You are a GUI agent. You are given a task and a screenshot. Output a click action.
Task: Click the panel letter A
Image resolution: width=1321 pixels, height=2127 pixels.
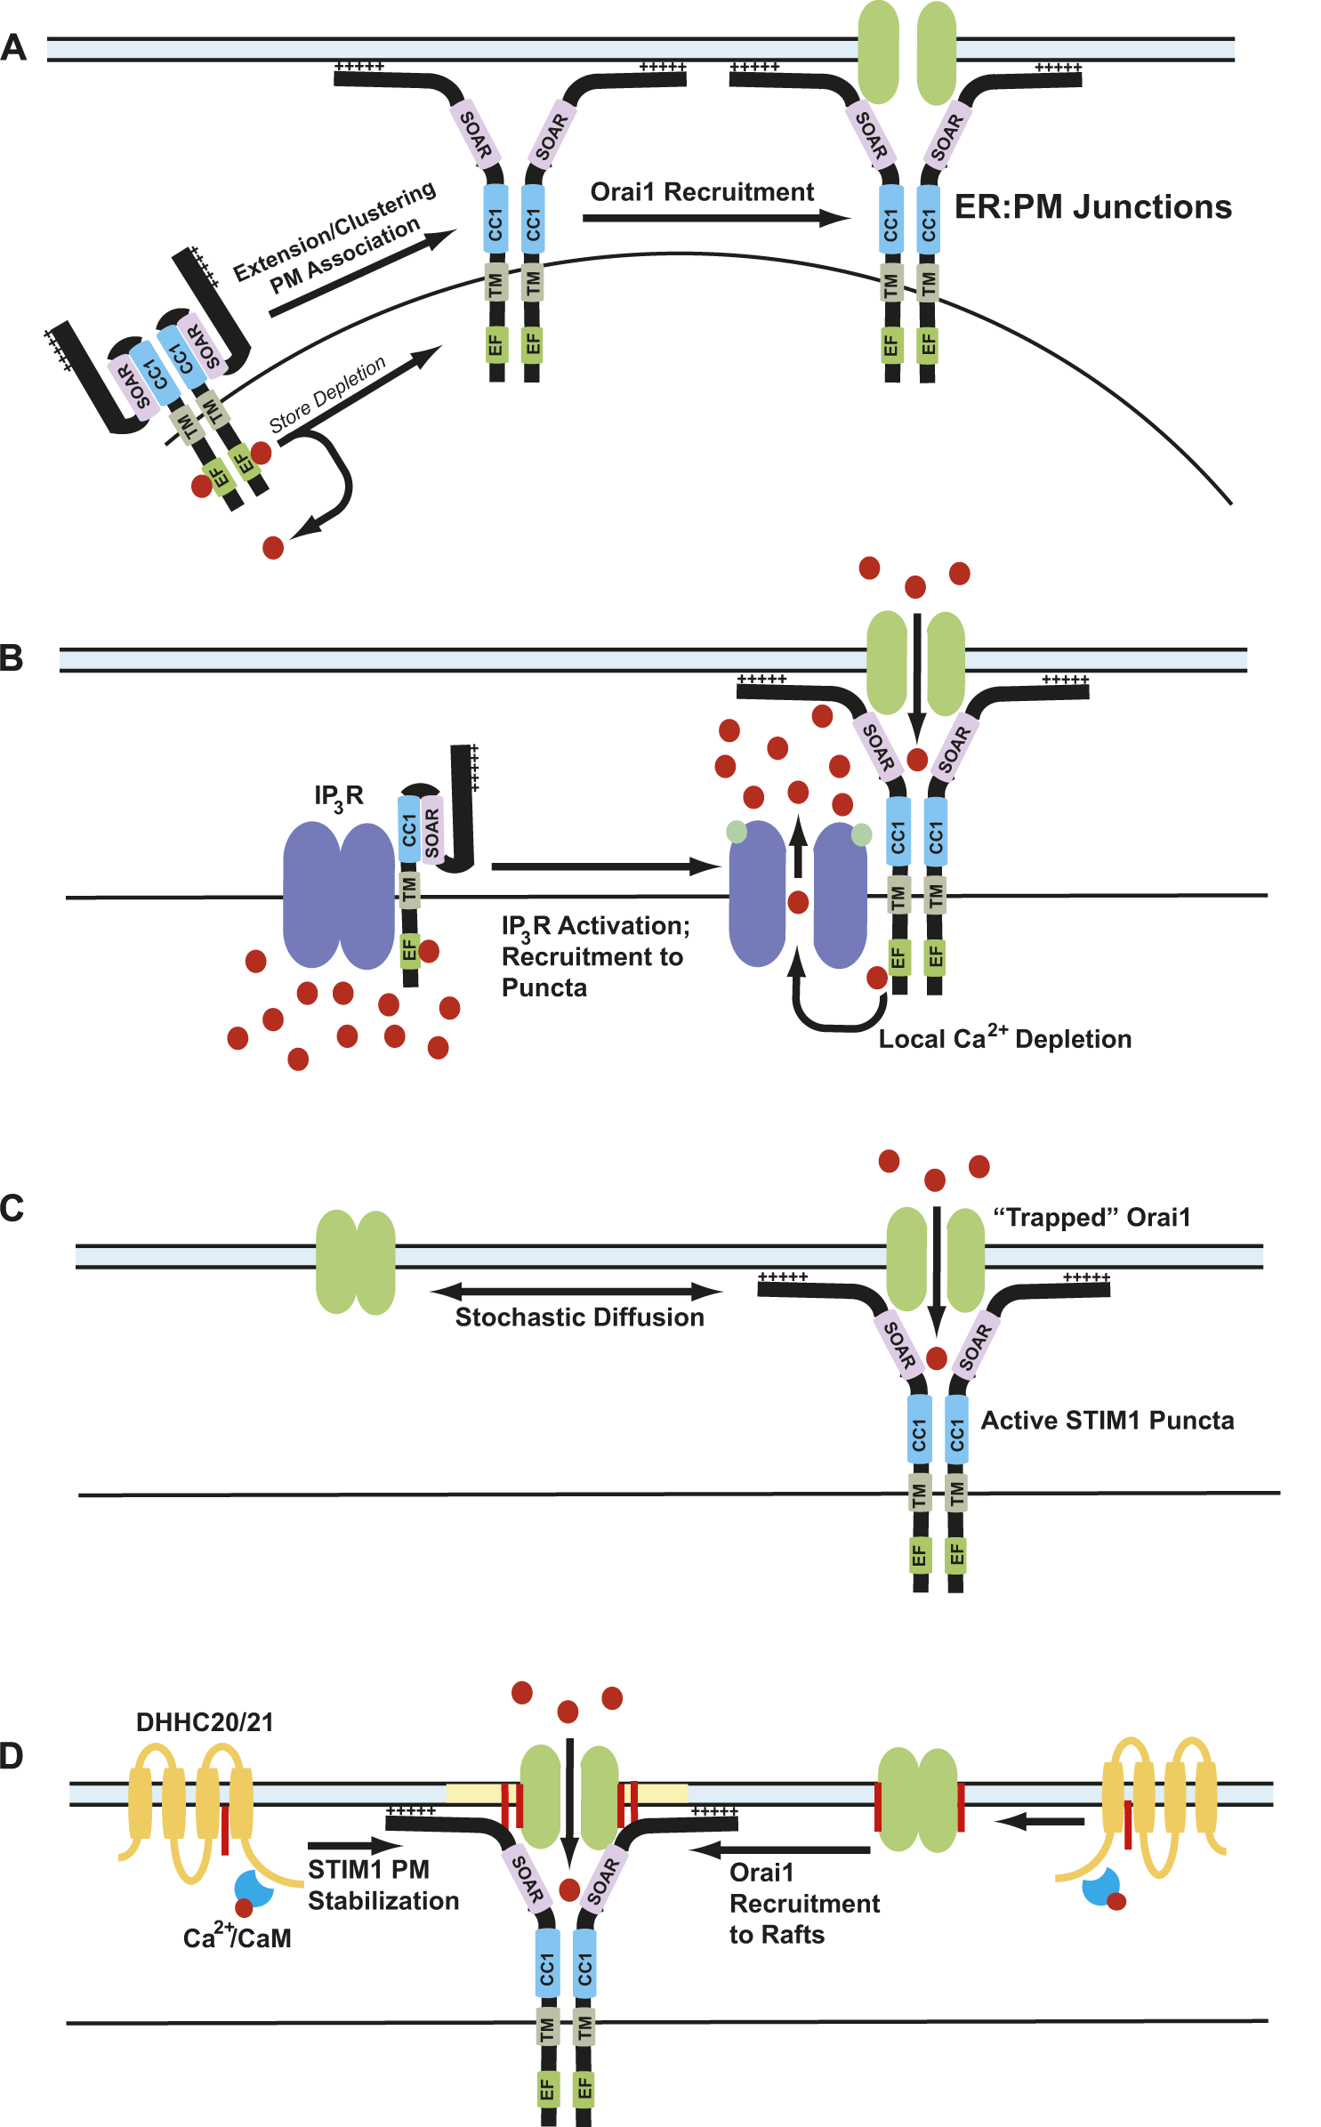[13, 47]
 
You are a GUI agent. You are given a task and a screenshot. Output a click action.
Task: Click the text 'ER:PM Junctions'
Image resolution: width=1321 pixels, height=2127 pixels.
[1092, 207]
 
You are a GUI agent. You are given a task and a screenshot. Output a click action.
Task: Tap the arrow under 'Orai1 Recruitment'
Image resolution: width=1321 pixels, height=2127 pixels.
[716, 218]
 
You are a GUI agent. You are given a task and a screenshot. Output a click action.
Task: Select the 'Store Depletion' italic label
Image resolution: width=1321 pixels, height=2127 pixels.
[327, 394]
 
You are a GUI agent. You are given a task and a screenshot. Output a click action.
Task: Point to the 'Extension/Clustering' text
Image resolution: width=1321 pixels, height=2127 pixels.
[334, 230]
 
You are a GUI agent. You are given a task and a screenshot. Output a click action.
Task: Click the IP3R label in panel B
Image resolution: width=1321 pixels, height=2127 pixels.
[338, 796]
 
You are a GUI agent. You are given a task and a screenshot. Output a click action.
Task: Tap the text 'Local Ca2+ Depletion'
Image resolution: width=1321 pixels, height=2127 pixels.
[1004, 1038]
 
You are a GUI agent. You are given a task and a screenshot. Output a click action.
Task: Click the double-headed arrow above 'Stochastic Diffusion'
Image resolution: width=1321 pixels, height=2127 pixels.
[576, 1291]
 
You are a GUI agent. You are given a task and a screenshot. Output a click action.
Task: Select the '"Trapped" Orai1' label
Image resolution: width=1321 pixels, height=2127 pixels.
[1091, 1217]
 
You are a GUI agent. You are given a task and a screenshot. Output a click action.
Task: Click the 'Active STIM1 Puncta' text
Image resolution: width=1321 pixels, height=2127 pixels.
[1107, 1421]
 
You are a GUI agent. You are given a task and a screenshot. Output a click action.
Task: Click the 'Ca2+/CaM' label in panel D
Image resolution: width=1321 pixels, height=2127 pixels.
[237, 1938]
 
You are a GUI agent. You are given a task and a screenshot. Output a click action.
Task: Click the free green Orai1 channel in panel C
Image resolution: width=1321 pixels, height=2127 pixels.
[356, 1261]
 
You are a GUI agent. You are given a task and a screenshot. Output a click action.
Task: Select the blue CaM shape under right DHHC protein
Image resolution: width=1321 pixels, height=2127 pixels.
[1099, 1887]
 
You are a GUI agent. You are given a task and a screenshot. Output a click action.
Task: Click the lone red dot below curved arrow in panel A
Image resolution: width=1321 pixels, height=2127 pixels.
[273, 547]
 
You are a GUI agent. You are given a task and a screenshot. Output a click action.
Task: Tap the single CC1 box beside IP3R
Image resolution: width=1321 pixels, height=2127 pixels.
[408, 828]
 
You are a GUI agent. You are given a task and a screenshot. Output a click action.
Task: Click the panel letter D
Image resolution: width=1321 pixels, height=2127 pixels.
[12, 1757]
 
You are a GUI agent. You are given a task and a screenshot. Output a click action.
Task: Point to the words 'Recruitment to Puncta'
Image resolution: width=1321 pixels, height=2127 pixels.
[592, 972]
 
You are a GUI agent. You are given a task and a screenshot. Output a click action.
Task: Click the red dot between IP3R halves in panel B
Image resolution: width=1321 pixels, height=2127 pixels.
[798, 902]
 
